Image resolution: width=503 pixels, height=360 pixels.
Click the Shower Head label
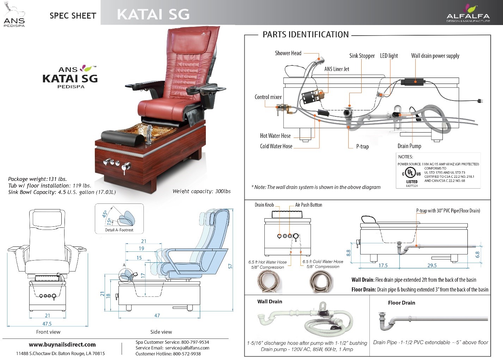click(288, 53)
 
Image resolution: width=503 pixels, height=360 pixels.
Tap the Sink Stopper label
click(362, 56)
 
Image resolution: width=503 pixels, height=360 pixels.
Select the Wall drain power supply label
click(435, 56)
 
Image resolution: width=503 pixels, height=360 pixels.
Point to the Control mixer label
click(268, 97)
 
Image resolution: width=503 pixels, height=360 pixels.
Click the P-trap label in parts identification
click(362, 146)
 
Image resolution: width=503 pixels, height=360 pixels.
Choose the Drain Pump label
click(409, 146)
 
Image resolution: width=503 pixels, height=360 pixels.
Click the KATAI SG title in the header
click(153, 14)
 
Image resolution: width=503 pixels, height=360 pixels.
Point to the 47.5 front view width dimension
click(47, 324)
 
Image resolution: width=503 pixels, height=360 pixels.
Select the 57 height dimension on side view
click(231, 266)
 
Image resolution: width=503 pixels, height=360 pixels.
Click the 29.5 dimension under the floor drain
click(432, 266)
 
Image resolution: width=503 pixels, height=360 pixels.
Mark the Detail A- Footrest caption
click(119, 230)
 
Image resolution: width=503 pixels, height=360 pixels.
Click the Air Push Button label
click(308, 205)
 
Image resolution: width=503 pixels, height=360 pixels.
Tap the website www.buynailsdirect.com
click(62, 344)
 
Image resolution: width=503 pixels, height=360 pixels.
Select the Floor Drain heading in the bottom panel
click(401, 303)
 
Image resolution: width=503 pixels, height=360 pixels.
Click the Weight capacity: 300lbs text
click(201, 191)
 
